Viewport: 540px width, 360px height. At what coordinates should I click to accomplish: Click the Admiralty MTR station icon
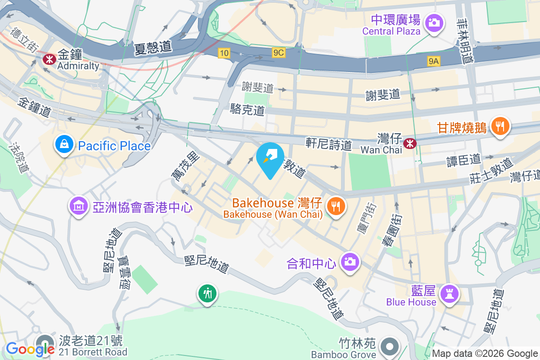[48, 58]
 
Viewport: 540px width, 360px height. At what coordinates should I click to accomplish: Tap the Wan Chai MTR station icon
[409, 144]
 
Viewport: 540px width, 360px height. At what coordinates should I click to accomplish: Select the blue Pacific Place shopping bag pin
[65, 145]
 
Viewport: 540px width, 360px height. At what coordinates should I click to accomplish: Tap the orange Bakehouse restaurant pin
[335, 207]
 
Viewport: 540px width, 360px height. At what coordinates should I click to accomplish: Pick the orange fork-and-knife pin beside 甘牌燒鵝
[500, 125]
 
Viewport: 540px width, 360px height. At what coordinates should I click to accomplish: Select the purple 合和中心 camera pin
[350, 261]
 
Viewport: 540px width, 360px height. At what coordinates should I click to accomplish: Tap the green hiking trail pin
[207, 293]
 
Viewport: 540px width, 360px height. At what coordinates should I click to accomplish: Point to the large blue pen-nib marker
[270, 158]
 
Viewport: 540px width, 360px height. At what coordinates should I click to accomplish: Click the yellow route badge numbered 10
[224, 53]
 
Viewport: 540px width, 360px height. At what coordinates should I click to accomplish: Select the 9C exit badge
[279, 53]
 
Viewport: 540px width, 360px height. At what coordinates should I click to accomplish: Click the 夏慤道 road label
[153, 48]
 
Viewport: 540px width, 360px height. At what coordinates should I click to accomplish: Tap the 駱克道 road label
[247, 109]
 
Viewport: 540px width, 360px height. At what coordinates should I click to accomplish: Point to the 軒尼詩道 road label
[328, 144]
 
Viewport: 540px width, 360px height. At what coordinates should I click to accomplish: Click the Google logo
[30, 349]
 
